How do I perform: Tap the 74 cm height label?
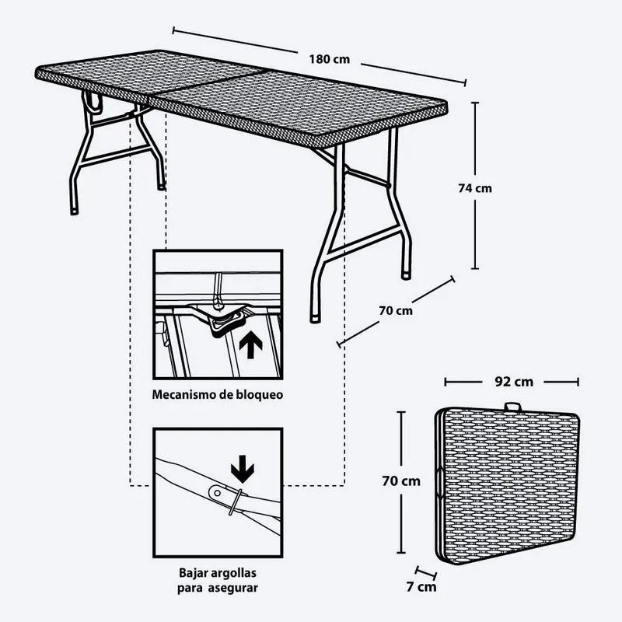475,187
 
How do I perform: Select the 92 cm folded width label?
513,382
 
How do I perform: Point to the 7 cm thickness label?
423,586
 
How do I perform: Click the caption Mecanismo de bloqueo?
217,394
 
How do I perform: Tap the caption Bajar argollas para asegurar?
217,581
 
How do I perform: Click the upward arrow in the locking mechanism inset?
250,344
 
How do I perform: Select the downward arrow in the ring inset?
243,468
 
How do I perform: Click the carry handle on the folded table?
512,407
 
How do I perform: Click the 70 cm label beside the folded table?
401,480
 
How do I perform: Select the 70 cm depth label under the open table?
396,311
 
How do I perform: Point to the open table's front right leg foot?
314,317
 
